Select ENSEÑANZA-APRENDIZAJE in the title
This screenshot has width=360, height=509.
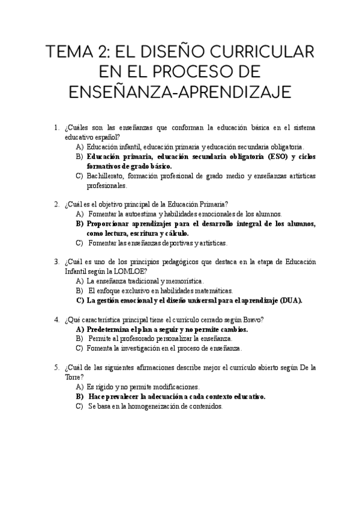coord(180,93)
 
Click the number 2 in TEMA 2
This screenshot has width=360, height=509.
coord(104,51)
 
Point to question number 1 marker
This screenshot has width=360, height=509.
coord(56,128)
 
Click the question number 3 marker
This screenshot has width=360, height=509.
coord(56,262)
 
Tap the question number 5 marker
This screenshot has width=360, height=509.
coord(56,368)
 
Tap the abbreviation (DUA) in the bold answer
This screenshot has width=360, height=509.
coord(289,300)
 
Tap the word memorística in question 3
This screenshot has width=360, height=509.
coord(183,281)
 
